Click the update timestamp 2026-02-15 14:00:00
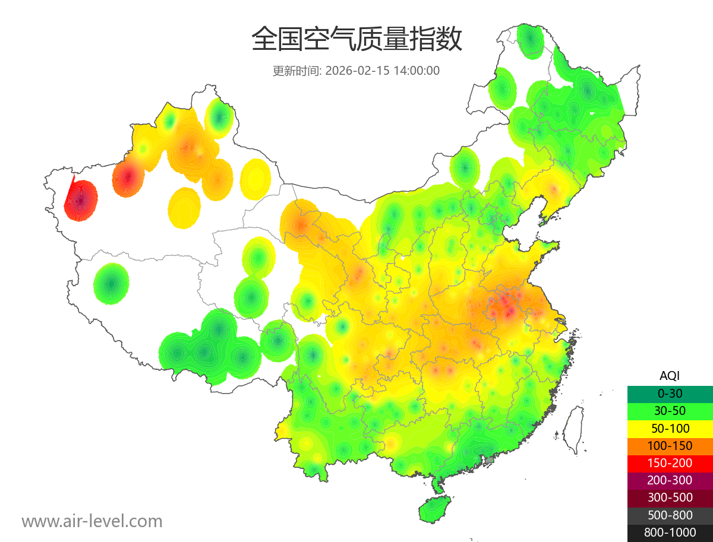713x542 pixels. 383,71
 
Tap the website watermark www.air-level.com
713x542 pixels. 92,521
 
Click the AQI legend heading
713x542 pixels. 670,375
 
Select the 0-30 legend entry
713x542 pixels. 670,393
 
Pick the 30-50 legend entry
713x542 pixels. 670,410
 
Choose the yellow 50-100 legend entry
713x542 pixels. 670,428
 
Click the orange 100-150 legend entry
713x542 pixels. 670,445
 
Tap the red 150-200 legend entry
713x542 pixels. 670,462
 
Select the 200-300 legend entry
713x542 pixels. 670,480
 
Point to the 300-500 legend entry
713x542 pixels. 670,497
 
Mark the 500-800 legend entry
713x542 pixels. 670,515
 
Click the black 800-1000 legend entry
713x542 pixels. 670,533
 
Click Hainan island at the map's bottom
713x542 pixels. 434,510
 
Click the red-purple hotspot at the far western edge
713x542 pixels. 81,200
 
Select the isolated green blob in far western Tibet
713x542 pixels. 111,283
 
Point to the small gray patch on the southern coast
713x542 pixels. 489,460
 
